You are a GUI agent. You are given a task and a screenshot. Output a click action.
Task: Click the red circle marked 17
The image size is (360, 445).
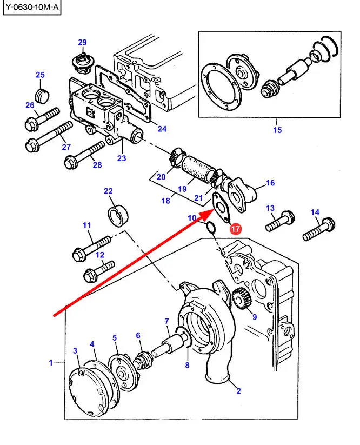(236, 229)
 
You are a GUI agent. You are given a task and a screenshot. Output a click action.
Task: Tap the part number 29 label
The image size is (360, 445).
(82, 42)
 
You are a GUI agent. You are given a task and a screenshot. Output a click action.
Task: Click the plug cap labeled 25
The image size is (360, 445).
(42, 94)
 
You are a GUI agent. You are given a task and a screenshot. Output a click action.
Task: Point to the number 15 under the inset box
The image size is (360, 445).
(277, 130)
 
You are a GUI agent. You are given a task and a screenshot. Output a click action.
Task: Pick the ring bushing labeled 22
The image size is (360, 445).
(118, 215)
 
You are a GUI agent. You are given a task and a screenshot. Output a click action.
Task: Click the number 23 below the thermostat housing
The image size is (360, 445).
(122, 158)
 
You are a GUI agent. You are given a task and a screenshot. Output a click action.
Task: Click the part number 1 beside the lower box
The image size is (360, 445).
(51, 363)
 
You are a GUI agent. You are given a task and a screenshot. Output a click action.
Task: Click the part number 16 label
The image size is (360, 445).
(270, 183)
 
